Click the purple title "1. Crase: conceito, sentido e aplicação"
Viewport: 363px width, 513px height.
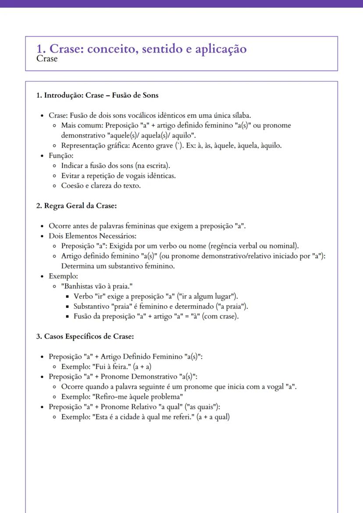tap(142, 49)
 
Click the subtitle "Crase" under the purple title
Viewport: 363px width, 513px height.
tap(47, 59)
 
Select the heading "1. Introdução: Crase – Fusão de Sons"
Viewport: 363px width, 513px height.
tap(97, 95)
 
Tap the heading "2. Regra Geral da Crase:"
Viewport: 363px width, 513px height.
tap(76, 205)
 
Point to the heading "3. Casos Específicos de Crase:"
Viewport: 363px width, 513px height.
tap(85, 336)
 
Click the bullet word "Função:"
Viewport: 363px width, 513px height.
tap(61, 156)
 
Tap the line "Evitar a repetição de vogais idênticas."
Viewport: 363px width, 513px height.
tap(118, 176)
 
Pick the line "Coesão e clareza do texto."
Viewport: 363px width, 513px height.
tap(101, 186)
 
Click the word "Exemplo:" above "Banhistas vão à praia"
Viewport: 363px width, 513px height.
tap(63, 276)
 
